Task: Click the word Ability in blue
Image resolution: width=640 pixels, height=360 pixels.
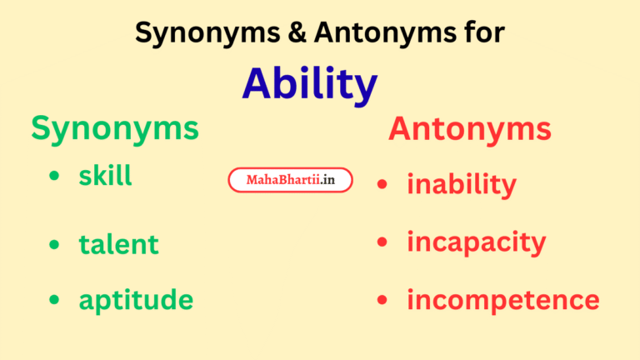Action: click(309, 84)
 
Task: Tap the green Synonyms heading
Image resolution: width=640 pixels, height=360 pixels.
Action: click(115, 128)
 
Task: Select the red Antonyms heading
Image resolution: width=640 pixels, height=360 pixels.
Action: click(469, 129)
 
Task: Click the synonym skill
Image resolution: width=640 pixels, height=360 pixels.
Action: click(105, 176)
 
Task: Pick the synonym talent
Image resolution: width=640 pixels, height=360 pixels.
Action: click(118, 244)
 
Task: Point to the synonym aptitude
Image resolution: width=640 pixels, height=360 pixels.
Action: click(136, 300)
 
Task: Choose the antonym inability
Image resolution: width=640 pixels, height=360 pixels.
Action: click(461, 184)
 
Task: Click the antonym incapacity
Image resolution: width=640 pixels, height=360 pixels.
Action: click(476, 242)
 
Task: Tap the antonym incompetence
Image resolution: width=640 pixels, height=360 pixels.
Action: click(502, 300)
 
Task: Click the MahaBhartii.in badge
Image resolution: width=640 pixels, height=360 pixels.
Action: click(290, 180)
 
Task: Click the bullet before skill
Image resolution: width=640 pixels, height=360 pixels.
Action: click(55, 177)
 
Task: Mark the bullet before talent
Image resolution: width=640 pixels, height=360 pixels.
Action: click(55, 244)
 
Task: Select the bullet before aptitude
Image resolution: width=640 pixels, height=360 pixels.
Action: click(55, 300)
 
